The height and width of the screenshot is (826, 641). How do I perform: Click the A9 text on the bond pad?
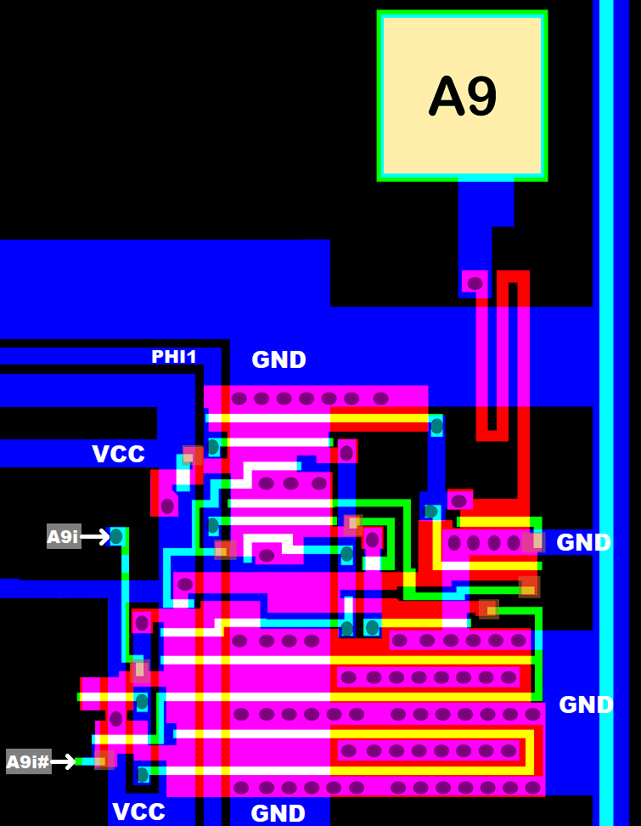463,96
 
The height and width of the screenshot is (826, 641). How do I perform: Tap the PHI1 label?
174,357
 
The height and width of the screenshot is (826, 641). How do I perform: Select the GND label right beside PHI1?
278,359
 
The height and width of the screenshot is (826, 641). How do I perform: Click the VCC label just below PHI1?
118,454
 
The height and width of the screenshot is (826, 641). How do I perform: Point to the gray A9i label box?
64,536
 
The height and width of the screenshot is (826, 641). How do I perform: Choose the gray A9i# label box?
29,761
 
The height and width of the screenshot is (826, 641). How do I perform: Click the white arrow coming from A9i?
94,536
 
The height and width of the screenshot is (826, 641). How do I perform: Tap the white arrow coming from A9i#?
64,761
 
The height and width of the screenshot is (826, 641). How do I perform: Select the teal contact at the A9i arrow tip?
116,536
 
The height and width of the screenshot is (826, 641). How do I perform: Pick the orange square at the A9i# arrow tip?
104,760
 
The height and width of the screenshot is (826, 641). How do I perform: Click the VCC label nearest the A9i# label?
138,812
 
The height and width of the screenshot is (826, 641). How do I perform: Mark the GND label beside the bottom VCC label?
278,813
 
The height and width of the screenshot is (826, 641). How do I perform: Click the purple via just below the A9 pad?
475,282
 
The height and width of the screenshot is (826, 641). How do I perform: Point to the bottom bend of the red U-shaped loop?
492,435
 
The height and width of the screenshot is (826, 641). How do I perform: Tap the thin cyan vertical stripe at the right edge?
606,425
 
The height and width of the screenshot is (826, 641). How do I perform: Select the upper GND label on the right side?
583,542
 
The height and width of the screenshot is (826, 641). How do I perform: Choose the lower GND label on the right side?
586,704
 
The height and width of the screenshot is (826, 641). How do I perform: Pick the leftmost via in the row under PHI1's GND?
239,398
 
